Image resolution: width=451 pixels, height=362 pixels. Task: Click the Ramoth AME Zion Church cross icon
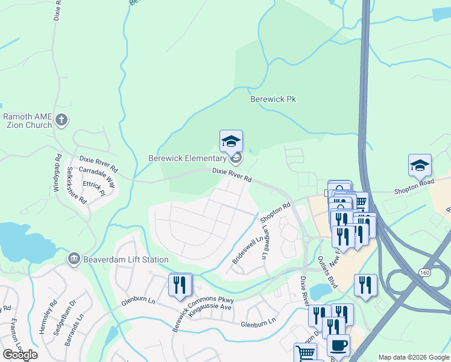click(60, 120)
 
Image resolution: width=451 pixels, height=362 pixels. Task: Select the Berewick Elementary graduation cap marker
click(231, 142)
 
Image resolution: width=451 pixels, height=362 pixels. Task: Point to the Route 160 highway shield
click(424, 273)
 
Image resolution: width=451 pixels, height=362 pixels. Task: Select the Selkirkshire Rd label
click(77, 184)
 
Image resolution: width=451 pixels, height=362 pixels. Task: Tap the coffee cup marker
click(338, 345)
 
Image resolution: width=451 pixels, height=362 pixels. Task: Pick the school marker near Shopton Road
click(420, 165)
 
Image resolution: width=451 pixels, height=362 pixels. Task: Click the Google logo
click(20, 355)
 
